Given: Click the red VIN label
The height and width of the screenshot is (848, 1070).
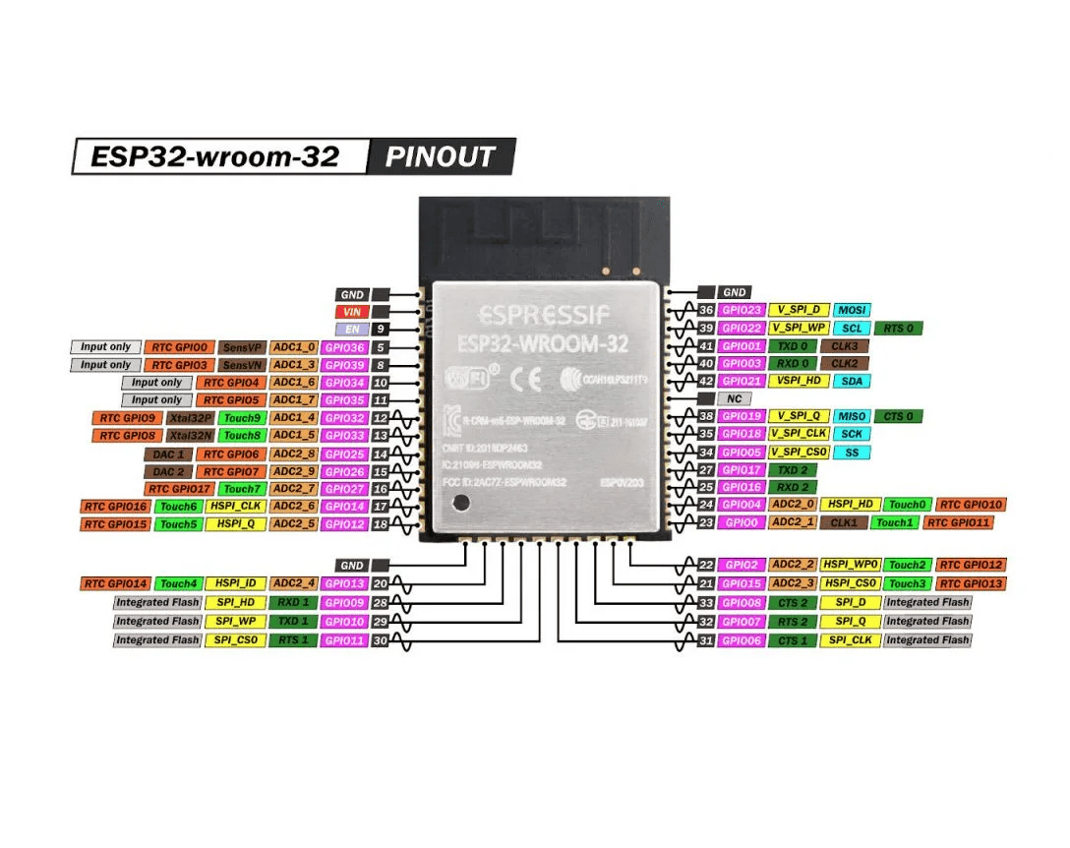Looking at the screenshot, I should click(x=351, y=312).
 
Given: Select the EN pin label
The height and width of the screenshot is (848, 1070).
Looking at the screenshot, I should click(x=351, y=330).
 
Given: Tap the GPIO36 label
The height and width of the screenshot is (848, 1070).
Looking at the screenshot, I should click(x=345, y=347).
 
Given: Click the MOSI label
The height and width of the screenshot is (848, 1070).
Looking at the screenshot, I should click(x=852, y=310).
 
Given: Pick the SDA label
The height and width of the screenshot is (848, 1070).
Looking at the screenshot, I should click(x=852, y=381).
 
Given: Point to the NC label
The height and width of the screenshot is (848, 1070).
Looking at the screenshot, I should click(x=734, y=398).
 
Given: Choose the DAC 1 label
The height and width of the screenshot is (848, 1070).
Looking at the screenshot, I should click(x=168, y=454).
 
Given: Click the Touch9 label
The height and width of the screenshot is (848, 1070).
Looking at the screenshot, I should click(x=241, y=417).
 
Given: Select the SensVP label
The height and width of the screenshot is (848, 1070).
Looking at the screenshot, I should click(x=241, y=347).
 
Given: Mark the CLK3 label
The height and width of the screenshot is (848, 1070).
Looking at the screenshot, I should click(x=844, y=346).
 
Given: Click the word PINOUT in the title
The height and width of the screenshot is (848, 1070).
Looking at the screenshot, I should click(x=440, y=156).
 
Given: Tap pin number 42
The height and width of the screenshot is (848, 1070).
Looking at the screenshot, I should click(x=705, y=381).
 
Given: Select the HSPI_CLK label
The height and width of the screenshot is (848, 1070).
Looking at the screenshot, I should click(x=237, y=506).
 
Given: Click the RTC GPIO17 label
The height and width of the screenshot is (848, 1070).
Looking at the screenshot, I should click(x=179, y=489).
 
